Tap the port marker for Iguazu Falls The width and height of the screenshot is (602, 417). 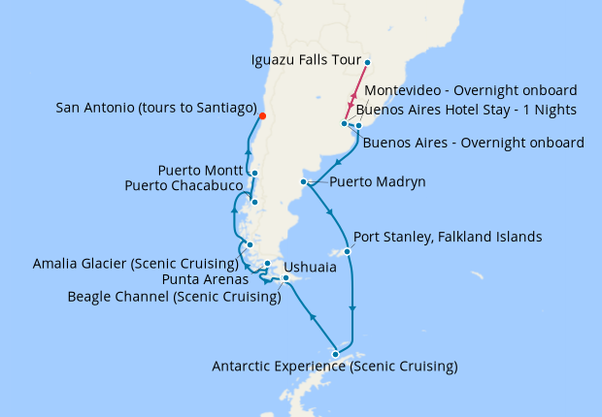(x=368, y=62)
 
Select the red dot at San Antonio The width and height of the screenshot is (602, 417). (x=262, y=116)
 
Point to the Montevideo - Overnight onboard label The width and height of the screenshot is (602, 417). (x=471, y=90)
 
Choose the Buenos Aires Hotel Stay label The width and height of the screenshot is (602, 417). (x=471, y=110)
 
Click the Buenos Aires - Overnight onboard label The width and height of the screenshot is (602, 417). (x=473, y=143)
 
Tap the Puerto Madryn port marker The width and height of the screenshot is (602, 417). (x=305, y=182)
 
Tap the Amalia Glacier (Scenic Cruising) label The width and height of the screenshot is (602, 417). (x=136, y=263)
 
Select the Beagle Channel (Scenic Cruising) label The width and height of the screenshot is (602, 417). (x=175, y=297)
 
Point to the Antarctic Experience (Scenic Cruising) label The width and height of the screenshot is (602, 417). (x=335, y=367)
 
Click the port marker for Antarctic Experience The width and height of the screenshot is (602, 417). (x=336, y=354)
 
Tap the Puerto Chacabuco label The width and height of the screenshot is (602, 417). (x=184, y=184)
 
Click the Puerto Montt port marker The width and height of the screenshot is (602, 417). (x=253, y=174)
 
